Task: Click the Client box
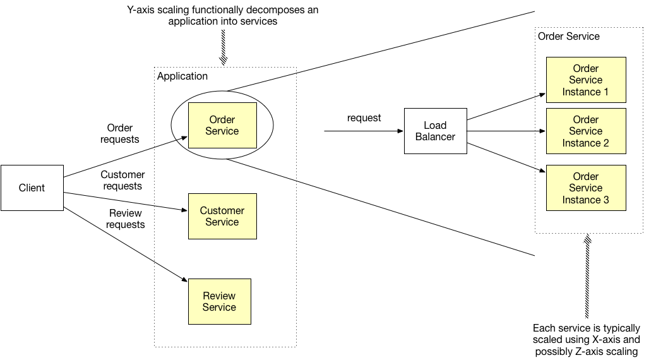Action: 32,188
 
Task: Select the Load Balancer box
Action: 435,131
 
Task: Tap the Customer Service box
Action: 222,216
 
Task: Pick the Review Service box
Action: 219,301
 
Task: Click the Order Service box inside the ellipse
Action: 222,125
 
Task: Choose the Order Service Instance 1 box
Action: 585,80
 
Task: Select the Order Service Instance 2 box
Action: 585,131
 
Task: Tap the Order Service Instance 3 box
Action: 585,188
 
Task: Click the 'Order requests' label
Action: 120,133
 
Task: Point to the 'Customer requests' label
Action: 122,180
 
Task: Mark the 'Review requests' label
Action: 125,219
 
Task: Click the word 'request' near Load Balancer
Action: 364,118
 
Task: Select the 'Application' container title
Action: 182,76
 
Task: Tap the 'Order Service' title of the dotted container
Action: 568,37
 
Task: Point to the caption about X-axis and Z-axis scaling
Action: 587,340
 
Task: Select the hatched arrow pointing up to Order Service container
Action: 587,278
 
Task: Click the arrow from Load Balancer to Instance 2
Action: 505,131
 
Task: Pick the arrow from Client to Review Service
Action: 126,244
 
